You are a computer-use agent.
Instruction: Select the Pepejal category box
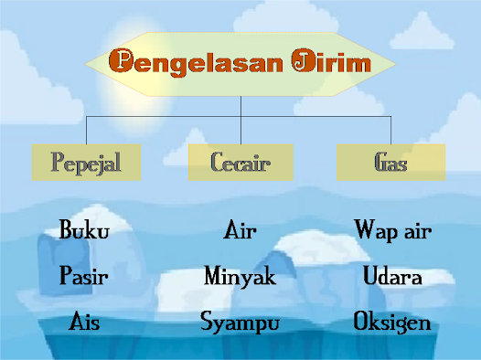(x=86, y=163)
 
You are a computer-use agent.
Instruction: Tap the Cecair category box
(x=241, y=163)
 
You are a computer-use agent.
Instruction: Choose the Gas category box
(x=390, y=163)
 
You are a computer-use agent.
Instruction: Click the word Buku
(x=84, y=230)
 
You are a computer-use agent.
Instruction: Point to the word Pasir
(x=85, y=275)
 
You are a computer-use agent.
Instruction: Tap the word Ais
(x=85, y=322)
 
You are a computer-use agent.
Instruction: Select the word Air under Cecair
(x=240, y=230)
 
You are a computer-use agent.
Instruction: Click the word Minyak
(x=240, y=276)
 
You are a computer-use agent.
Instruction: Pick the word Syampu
(x=240, y=323)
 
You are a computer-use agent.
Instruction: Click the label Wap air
(x=392, y=230)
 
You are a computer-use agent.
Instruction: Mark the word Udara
(x=392, y=276)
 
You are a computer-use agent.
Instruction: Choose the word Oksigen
(x=392, y=322)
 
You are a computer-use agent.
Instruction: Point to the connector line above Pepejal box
(x=86, y=130)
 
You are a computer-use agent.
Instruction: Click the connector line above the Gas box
(x=390, y=130)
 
